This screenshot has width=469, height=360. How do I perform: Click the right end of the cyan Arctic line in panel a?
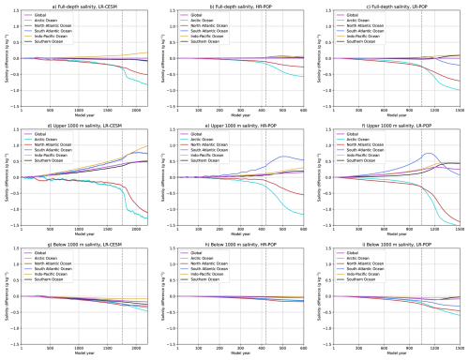point(148,86)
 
